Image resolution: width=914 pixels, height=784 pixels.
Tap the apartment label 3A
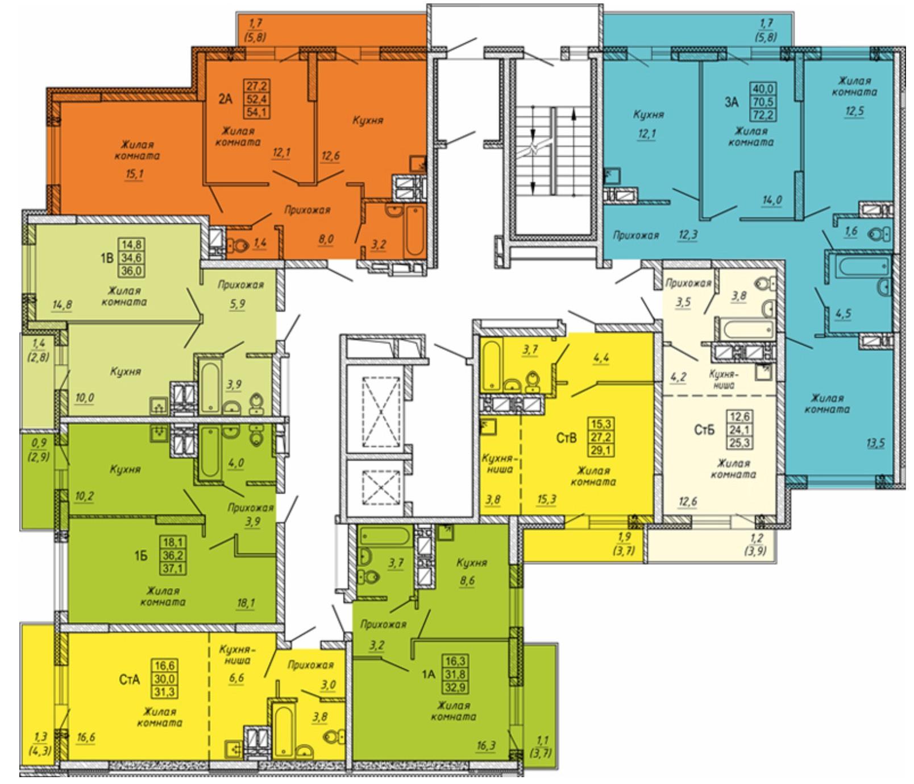731,102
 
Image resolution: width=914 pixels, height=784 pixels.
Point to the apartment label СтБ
704,430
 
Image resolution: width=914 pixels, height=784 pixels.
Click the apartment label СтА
129,679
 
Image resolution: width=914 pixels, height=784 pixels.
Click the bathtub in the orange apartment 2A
413,231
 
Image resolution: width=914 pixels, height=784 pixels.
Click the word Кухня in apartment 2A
368,121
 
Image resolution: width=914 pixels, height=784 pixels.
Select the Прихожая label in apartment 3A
635,235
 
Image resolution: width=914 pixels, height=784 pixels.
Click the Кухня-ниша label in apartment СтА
236,655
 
